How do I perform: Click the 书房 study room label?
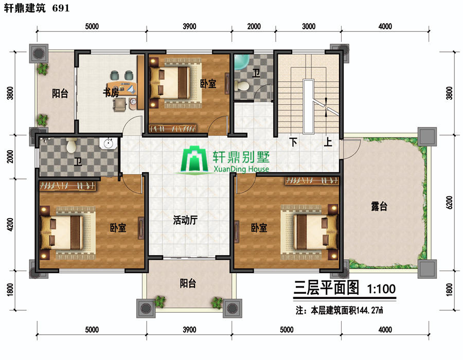(x=111, y=93)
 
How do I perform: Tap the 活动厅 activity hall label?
(x=185, y=220)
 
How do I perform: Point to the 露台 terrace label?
(x=379, y=206)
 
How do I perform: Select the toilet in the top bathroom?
(x=242, y=86)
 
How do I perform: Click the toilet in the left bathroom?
(x=71, y=145)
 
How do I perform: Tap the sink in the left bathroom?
(x=108, y=143)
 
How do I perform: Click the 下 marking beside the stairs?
(x=293, y=142)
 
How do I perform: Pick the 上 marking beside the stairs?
(x=328, y=142)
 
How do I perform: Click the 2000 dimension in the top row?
(x=254, y=26)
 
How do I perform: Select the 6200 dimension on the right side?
(x=449, y=203)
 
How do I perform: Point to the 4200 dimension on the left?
(x=10, y=224)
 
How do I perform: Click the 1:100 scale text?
(x=381, y=289)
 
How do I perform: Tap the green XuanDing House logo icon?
(x=194, y=159)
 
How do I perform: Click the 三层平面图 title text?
(x=326, y=287)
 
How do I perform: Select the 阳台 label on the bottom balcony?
(x=188, y=283)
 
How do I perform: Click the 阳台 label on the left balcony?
(x=60, y=94)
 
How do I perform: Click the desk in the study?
(x=123, y=87)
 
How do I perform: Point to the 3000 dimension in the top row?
(x=309, y=26)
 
